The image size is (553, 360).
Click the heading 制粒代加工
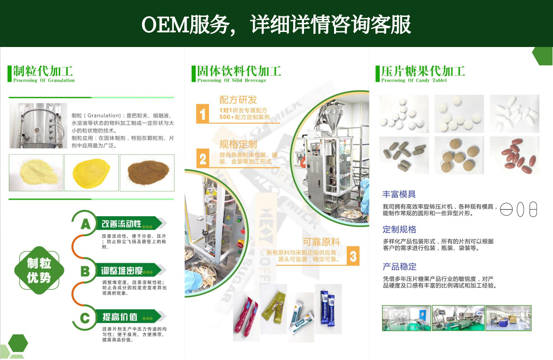click(x=43, y=71)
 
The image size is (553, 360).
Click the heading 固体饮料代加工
click(x=239, y=71)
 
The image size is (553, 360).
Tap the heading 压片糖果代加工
click(x=423, y=71)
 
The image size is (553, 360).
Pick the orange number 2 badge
click(x=203, y=159)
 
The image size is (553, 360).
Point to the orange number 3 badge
click(x=353, y=256)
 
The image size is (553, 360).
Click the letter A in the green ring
click(x=85, y=224)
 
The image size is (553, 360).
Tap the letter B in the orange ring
click(x=85, y=271)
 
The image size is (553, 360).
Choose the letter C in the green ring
click(x=85, y=318)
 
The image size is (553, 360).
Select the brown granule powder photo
click(x=147, y=172)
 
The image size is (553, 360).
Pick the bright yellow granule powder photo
click(x=92, y=172)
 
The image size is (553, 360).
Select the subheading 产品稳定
click(x=399, y=267)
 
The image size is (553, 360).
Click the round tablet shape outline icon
click(x=506, y=210)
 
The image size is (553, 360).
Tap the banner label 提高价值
click(x=120, y=317)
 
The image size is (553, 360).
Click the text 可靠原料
click(x=321, y=242)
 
